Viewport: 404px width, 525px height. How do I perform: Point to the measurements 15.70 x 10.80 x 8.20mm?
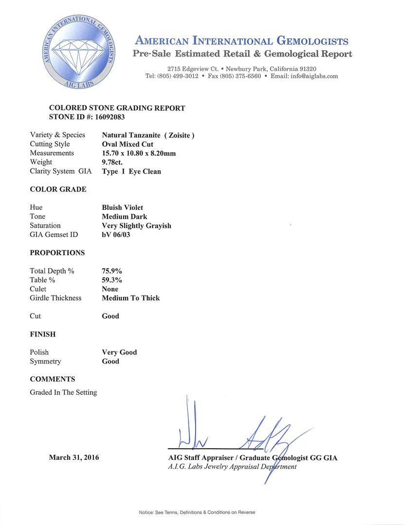coord(139,153)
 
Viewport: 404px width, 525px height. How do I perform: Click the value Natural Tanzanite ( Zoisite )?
coord(148,135)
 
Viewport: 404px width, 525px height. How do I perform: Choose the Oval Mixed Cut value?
coord(128,144)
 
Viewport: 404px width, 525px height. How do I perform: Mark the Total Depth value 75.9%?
coord(111,271)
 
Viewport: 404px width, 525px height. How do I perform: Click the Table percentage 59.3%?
coord(111,280)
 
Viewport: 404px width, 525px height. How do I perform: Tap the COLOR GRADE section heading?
coord(58,189)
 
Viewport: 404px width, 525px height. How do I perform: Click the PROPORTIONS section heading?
coord(57,253)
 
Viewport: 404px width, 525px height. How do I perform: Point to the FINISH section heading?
coord(43,334)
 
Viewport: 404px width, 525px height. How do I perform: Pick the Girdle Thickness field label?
coord(55,298)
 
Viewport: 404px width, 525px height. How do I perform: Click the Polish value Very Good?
coord(119,352)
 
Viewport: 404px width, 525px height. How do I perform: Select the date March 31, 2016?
coord(74,457)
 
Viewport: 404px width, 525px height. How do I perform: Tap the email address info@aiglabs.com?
coord(312,76)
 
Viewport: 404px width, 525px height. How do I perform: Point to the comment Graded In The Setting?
coord(63,392)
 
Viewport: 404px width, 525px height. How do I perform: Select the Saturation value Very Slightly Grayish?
coord(136,226)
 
